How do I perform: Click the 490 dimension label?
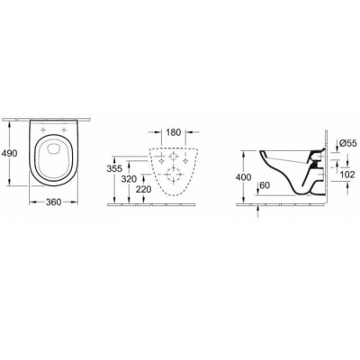tap(10, 153)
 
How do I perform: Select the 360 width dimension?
tap(53, 202)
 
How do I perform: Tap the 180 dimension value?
tap(173, 132)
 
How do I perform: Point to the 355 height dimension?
tap(114, 168)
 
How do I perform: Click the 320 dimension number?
tap(129, 179)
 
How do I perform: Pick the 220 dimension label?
tap(144, 189)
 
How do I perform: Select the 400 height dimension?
tap(243, 177)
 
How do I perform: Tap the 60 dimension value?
tap(265, 185)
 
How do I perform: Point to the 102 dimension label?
tap(347, 175)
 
